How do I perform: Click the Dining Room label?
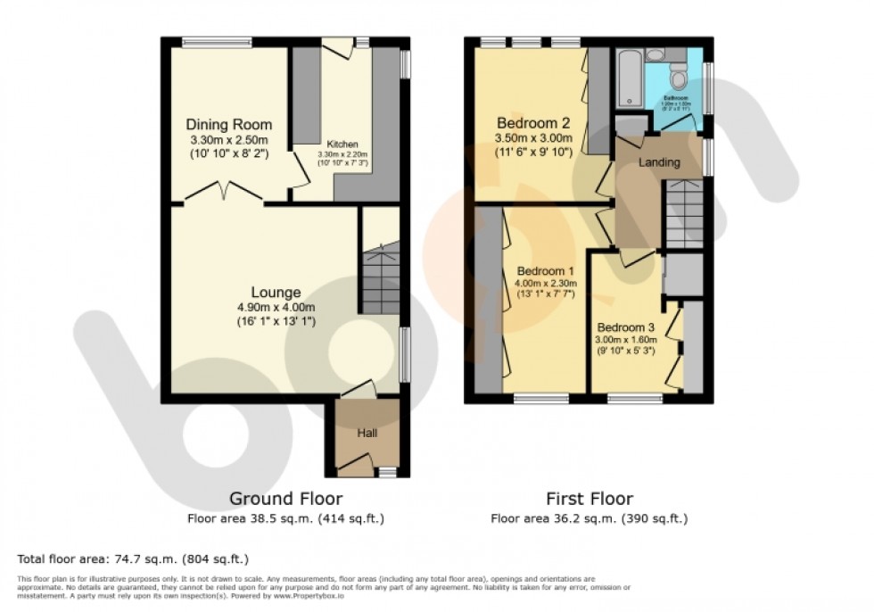228,125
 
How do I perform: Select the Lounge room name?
276,293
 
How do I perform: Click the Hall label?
368,433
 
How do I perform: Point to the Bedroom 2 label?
533,123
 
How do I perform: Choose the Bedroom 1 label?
545,271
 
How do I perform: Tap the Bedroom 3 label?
626,327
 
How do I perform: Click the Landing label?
659,162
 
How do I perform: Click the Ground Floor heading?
285,499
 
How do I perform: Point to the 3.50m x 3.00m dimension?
533,139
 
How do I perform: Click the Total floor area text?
133,559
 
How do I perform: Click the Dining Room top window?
218,40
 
